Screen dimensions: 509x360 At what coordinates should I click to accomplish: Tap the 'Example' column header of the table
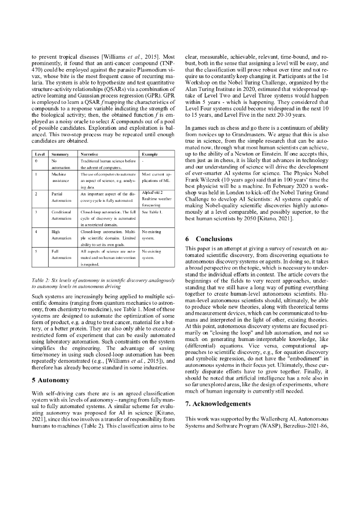coord(150,155)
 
